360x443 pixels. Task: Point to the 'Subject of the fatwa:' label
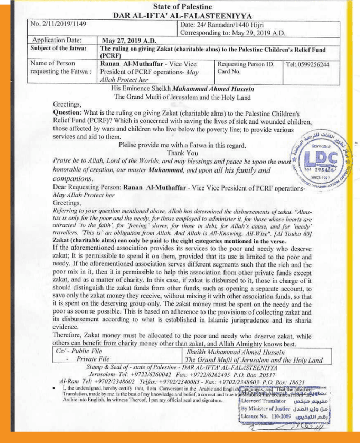pos(57,48)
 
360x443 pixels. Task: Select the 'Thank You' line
pos(182,153)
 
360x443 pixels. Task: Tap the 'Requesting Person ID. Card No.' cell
pos(246,68)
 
